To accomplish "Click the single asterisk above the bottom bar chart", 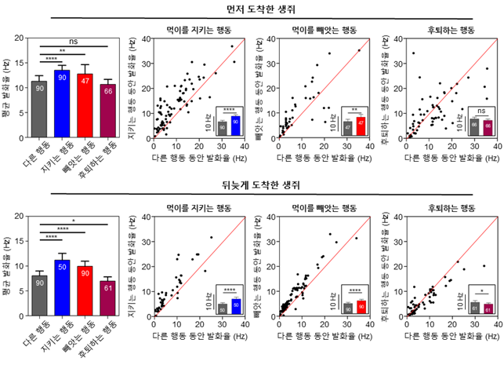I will [74, 210].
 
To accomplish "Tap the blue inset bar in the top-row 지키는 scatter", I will [234, 122].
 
